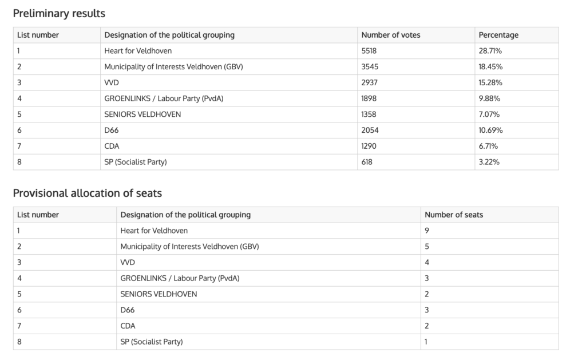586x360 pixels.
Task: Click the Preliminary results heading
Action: tap(59, 13)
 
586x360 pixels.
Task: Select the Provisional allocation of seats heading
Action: tap(88, 193)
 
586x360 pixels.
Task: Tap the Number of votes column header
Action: tap(391, 35)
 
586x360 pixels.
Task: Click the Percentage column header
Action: tap(498, 35)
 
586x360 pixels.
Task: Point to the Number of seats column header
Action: tap(454, 215)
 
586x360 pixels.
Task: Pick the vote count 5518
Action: tap(369, 51)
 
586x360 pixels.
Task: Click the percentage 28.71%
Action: tap(490, 51)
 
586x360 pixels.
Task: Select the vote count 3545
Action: tap(370, 67)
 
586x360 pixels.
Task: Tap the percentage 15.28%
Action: tap(490, 82)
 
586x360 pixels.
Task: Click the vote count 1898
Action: tap(369, 98)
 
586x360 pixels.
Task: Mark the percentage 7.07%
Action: tap(489, 114)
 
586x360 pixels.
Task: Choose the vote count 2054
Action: tap(370, 130)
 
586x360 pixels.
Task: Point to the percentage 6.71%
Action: tap(489, 146)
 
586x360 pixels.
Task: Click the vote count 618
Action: tap(367, 162)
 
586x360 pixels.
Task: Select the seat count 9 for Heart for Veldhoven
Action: tap(427, 231)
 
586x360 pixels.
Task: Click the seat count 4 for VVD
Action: tap(427, 262)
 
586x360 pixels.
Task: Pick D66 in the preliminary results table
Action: tap(112, 130)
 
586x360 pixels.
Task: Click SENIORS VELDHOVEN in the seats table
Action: tap(159, 294)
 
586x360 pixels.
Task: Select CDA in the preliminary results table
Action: tap(112, 146)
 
